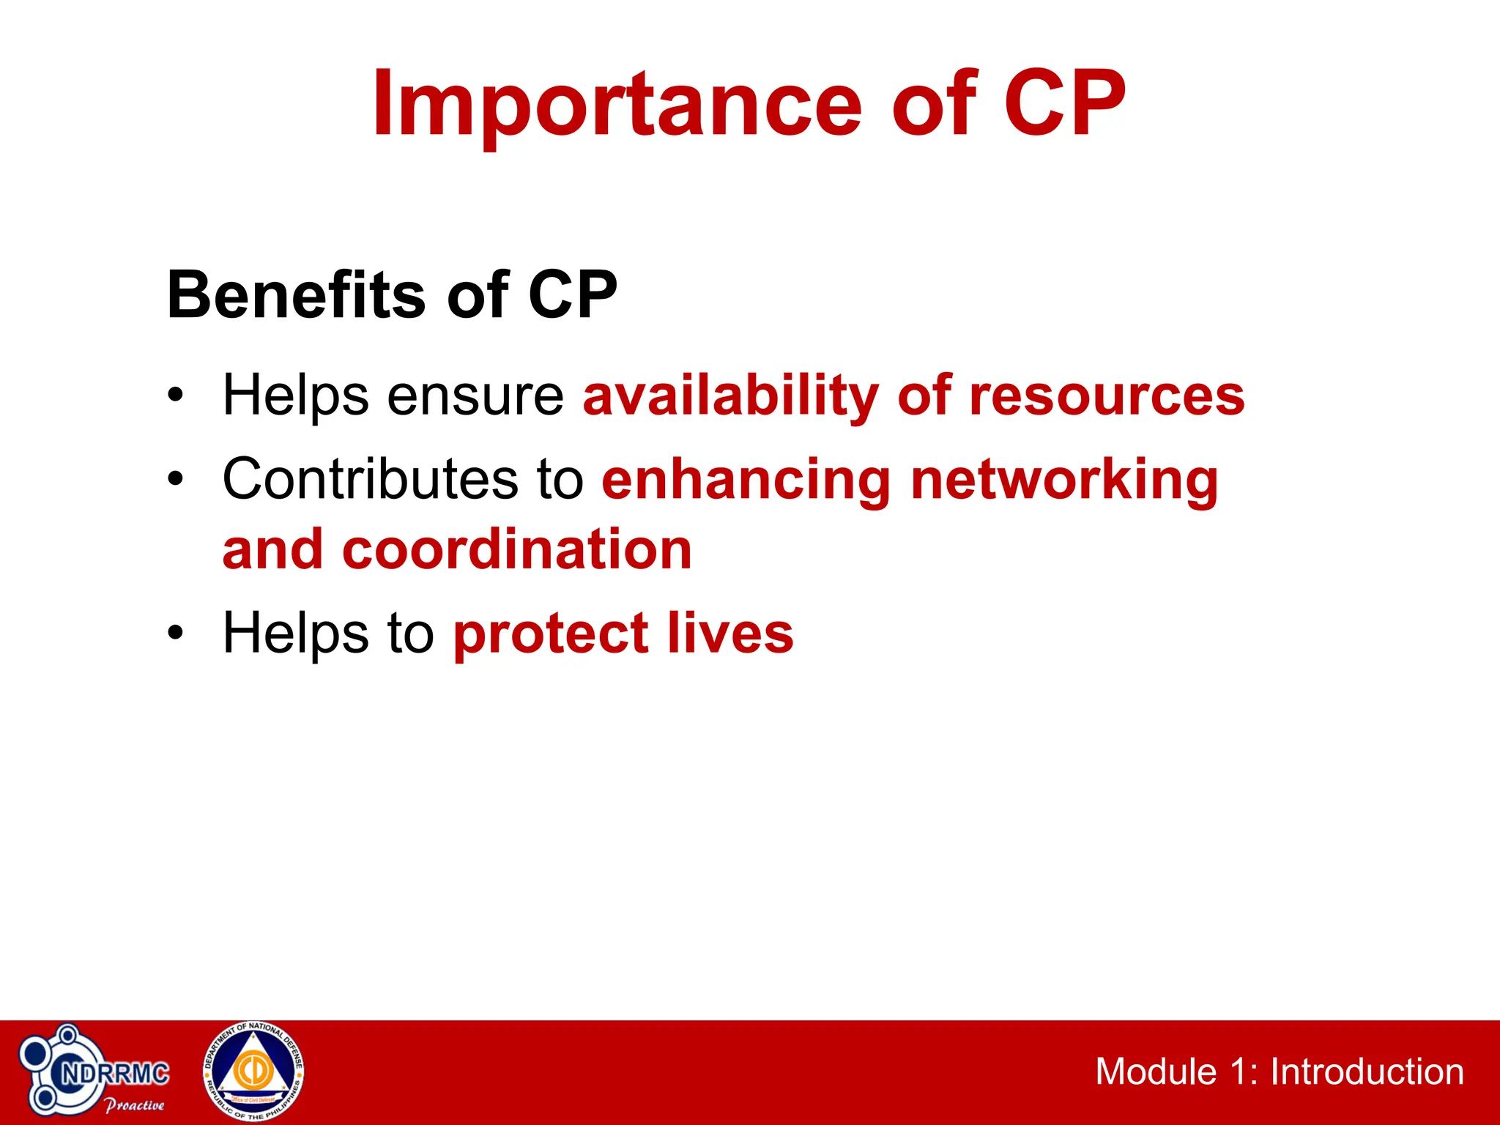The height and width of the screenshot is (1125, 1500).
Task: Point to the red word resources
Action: (x=1106, y=396)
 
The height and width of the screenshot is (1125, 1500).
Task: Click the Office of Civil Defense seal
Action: (x=253, y=1071)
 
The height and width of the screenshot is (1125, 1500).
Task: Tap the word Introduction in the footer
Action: (x=1367, y=1072)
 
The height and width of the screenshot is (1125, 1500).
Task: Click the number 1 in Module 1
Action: (x=1239, y=1072)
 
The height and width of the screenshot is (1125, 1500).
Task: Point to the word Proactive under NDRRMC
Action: (x=135, y=1104)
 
